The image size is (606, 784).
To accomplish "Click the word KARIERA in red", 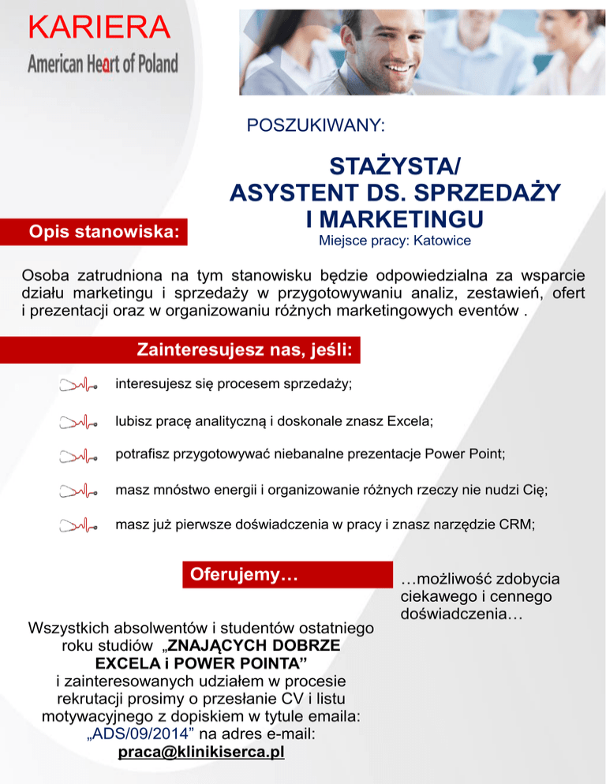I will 99,28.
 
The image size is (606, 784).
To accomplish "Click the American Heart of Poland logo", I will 103,63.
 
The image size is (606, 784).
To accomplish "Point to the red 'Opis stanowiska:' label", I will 103,232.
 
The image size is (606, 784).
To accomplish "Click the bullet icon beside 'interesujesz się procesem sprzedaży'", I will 79,386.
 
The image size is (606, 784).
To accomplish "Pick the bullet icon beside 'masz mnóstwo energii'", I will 79,491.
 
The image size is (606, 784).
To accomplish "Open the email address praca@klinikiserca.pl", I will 200,752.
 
